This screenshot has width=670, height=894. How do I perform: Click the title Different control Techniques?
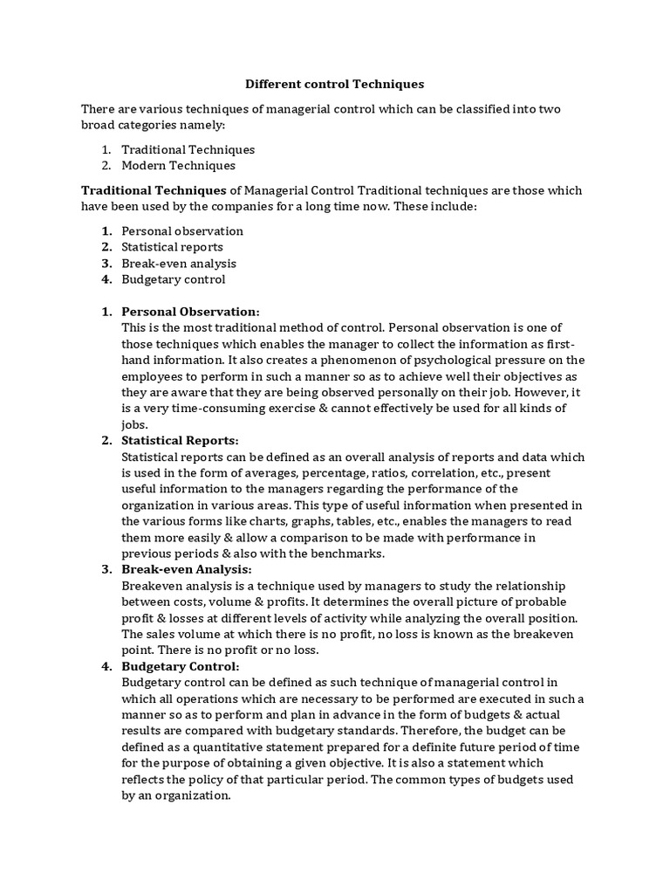[x=334, y=85]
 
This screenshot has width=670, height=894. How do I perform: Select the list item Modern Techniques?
[x=178, y=165]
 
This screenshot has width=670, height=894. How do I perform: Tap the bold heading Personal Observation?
[x=190, y=312]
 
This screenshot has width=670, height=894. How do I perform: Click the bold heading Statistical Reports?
[x=180, y=440]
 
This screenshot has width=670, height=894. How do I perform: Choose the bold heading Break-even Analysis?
[x=186, y=569]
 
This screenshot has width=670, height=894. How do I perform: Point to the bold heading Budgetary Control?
[x=180, y=666]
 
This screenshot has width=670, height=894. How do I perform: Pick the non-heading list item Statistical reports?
[x=172, y=247]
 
